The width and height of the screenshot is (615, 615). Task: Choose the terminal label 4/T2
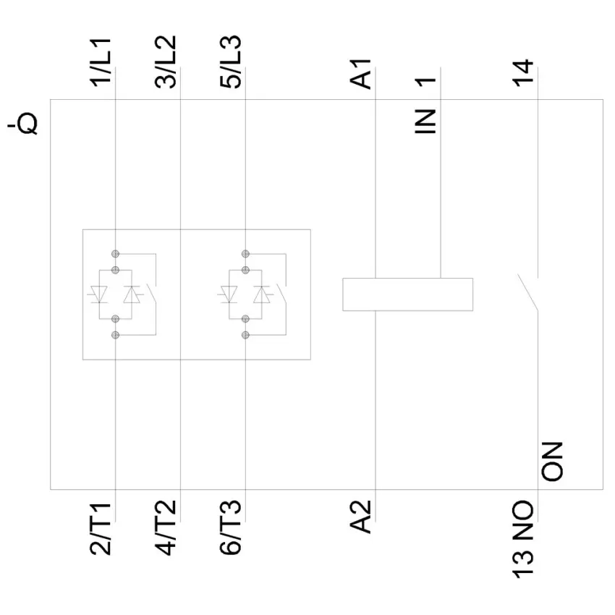tap(166, 533)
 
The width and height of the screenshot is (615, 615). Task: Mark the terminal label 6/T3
tap(232, 533)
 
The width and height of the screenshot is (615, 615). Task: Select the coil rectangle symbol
tap(407, 294)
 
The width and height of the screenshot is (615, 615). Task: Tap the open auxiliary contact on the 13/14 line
tap(529, 293)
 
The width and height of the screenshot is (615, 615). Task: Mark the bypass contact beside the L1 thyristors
tap(150, 294)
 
